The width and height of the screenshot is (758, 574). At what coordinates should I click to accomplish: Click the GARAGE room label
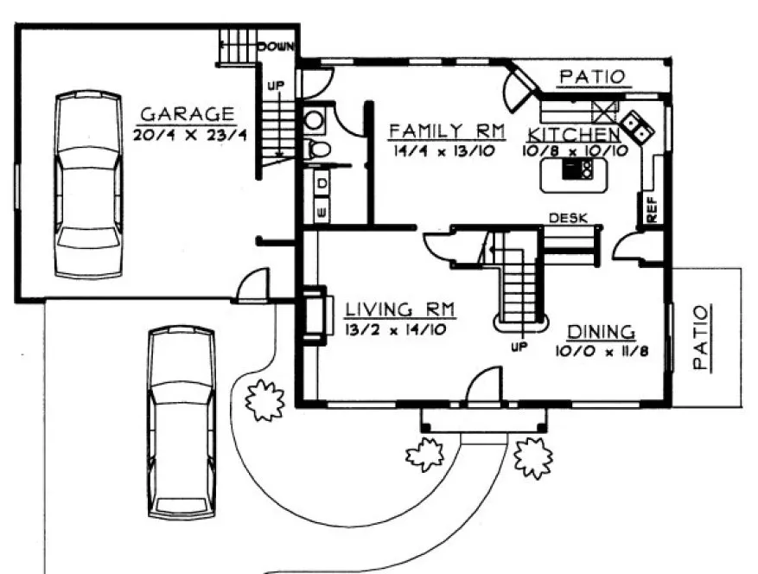tap(187, 114)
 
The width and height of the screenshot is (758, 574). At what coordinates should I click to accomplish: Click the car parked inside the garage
tap(88, 184)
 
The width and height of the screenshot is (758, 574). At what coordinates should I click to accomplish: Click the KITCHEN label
tap(574, 135)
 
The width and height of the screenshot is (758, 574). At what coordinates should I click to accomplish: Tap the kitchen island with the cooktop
tap(569, 175)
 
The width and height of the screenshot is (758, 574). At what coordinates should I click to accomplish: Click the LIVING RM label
tap(400, 309)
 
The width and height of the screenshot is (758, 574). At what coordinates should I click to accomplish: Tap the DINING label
tap(602, 332)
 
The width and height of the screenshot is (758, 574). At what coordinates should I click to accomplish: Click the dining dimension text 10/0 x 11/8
tap(602, 352)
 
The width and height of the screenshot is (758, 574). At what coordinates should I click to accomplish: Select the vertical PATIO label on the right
tap(701, 338)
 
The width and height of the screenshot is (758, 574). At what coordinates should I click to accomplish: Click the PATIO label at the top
tap(591, 77)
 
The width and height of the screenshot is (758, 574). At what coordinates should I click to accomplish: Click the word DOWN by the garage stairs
tap(277, 47)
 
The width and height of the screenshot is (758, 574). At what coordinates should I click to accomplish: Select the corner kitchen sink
tap(638, 127)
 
